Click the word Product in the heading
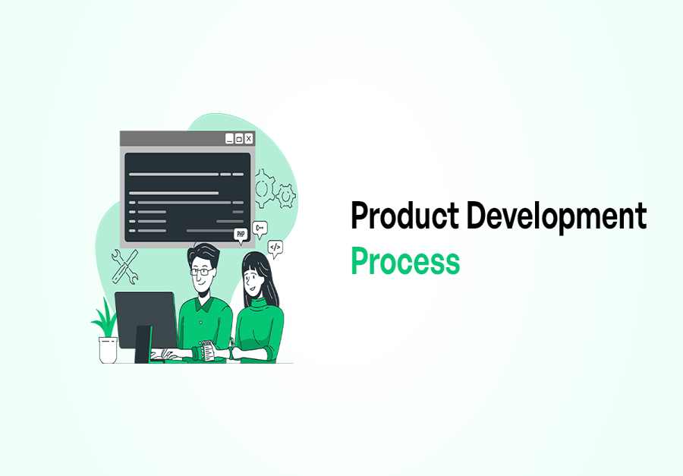click(x=404, y=216)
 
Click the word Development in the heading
click(x=556, y=216)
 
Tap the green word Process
click(x=404, y=261)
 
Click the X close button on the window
click(x=248, y=138)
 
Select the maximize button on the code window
click(x=238, y=138)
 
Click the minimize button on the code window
click(x=228, y=138)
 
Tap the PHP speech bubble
click(x=241, y=235)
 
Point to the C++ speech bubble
click(x=260, y=227)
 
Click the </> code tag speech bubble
click(x=275, y=246)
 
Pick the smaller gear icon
click(x=286, y=196)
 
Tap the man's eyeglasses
click(x=201, y=270)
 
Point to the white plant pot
click(x=108, y=349)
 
